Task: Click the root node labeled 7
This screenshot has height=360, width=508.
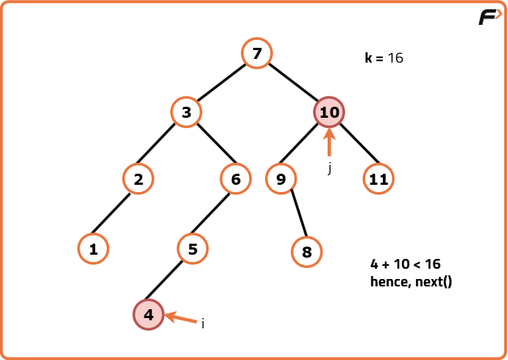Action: [257, 53]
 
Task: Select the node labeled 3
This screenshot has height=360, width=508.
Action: [186, 112]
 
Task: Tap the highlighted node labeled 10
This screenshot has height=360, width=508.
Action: [329, 112]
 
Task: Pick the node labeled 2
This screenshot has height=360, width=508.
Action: [138, 179]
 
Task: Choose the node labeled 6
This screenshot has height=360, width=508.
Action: [236, 179]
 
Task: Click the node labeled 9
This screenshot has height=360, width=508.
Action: [281, 179]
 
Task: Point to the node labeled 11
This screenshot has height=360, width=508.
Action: [378, 179]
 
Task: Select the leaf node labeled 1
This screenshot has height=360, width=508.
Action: [94, 249]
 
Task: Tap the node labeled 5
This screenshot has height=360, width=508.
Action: [193, 249]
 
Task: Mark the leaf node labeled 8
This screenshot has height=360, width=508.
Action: [306, 252]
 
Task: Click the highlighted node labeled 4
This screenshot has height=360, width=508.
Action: [149, 314]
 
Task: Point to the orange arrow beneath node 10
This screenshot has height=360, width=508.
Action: [329, 142]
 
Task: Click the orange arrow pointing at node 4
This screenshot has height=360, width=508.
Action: [180, 317]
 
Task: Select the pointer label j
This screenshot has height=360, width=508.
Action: [330, 169]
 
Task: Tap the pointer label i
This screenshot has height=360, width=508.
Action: [202, 323]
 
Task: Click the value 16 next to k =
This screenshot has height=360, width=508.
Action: [395, 58]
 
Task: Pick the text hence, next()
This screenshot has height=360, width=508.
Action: [411, 281]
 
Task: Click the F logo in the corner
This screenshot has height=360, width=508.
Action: [490, 17]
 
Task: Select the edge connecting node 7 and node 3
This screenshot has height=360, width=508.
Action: [222, 82]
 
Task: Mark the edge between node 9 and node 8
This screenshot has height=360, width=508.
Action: [299, 213]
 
